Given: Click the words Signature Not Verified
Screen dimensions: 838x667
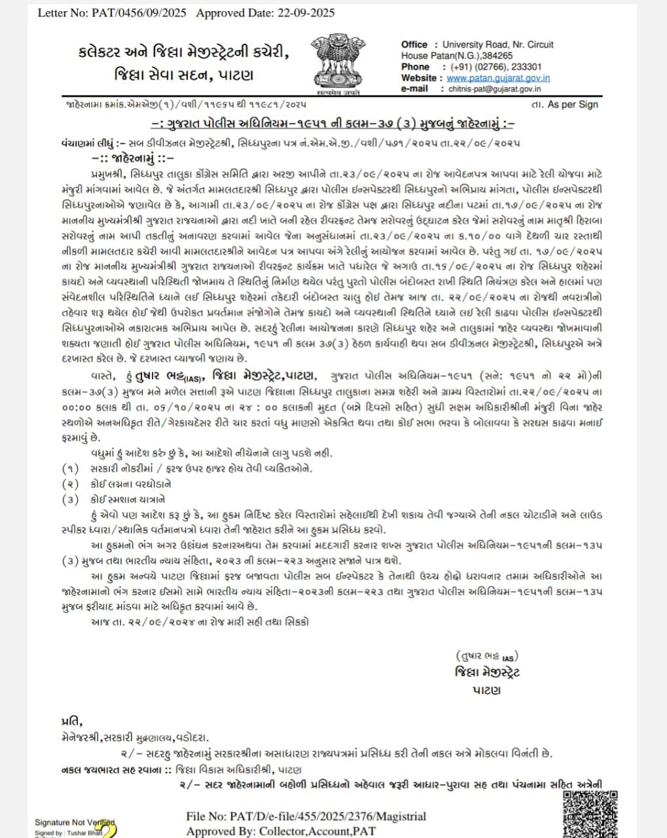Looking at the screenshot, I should point(75,823).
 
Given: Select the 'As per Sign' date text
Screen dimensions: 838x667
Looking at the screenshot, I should point(572,104).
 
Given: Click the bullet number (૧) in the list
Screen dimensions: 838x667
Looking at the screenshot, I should point(70,469).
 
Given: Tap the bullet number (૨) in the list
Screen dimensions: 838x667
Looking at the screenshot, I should point(70,484).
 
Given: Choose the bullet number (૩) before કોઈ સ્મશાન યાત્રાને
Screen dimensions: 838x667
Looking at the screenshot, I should point(70,500).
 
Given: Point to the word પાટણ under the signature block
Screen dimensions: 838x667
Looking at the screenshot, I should point(486,690).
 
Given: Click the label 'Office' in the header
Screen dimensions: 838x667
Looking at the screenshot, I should point(414,45).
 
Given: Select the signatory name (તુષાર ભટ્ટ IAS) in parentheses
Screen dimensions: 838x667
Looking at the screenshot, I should point(487,656).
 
